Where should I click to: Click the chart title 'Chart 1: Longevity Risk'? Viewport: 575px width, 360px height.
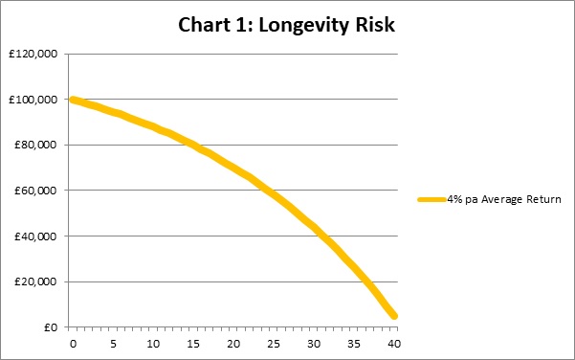tap(286, 25)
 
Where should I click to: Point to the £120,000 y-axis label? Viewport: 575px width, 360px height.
tap(33, 54)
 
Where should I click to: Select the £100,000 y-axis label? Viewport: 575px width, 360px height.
tap(33, 100)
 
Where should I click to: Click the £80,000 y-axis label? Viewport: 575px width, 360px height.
tap(36, 145)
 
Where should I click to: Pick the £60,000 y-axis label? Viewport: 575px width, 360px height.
tap(36, 191)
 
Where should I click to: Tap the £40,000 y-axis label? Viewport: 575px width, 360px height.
tap(36, 236)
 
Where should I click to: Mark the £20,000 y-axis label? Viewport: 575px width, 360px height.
tap(36, 281)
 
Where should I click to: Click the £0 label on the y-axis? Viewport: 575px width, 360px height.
tap(51, 327)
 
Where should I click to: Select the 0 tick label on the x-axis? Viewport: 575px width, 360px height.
tap(73, 344)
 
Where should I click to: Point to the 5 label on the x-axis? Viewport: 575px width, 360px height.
tap(113, 344)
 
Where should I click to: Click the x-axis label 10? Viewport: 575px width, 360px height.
tap(153, 344)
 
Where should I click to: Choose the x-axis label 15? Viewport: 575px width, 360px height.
tap(193, 344)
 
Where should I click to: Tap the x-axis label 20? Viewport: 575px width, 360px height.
tap(233, 344)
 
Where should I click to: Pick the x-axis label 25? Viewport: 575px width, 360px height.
tap(274, 344)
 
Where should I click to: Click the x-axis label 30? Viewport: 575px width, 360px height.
tap(314, 344)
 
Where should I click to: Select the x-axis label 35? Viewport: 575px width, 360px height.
tap(354, 344)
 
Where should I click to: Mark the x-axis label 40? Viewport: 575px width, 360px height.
tap(394, 344)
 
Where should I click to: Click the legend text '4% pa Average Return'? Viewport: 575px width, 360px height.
tap(504, 199)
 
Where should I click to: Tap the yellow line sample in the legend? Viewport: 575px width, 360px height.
tap(432, 200)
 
